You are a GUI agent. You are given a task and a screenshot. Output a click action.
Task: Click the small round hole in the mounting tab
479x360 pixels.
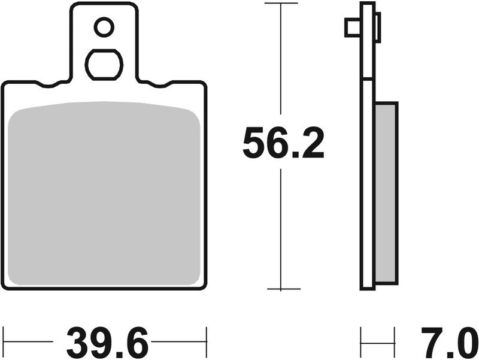click(104, 26)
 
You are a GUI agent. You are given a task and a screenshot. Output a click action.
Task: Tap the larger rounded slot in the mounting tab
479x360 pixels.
click(104, 63)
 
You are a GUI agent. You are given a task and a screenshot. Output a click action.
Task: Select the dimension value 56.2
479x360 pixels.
click(283, 144)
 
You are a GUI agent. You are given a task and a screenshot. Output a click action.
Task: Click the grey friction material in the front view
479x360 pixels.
click(104, 192)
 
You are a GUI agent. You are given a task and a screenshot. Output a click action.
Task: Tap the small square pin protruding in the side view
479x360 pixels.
click(352, 28)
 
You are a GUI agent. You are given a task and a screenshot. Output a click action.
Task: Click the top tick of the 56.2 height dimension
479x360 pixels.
click(281, 4)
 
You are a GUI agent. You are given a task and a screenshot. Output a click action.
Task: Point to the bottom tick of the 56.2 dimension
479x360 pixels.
click(281, 289)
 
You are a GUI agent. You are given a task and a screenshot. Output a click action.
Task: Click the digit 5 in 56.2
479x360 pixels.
click(254, 144)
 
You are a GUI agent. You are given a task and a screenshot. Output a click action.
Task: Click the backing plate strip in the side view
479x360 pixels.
click(367, 180)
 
